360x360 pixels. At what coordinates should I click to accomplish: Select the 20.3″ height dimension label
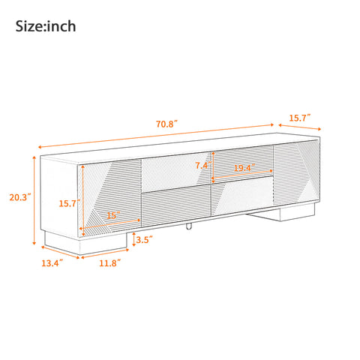pos(19,198)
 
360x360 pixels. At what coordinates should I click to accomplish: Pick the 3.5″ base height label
pos(145,240)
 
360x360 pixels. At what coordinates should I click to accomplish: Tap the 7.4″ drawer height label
pos(201,165)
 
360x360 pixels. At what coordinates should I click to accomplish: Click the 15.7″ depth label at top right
pos(300,118)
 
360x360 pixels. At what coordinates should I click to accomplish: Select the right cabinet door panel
pos(297,176)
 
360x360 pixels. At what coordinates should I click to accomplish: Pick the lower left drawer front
pos(176,208)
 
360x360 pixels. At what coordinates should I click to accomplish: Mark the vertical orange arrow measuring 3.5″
pos(133,240)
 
